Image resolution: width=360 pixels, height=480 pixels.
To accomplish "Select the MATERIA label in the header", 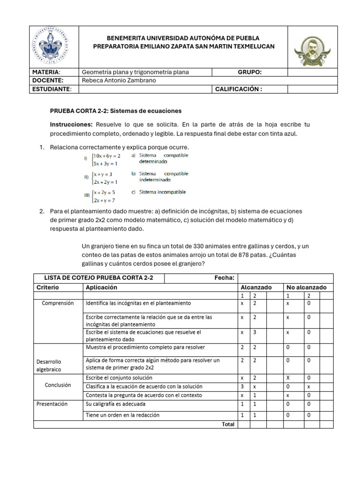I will tap(46, 72).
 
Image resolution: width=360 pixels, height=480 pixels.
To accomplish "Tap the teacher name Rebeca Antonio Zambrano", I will tap(119, 81).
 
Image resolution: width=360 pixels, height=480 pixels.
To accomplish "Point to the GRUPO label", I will tap(249, 72).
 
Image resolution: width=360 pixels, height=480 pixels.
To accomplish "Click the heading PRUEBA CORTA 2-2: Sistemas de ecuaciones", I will tap(116, 111).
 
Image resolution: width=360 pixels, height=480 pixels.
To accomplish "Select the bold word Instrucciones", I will tap(72, 125).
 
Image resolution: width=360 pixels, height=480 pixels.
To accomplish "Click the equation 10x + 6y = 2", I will tap(107, 156).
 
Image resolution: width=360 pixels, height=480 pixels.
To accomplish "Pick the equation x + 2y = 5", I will tap(104, 193).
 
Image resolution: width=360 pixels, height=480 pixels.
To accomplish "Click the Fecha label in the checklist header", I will tap(224, 278).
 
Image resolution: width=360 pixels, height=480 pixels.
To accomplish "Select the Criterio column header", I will tap(48, 287).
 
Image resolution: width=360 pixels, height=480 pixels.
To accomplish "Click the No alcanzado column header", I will tap(307, 287).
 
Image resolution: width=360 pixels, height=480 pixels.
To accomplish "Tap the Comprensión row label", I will tap(58, 303).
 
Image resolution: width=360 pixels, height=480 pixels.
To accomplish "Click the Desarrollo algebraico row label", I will tap(49, 366).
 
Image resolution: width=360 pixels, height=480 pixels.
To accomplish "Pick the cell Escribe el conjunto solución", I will tap(119, 377).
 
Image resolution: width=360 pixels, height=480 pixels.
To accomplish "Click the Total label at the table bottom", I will tap(227, 424).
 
